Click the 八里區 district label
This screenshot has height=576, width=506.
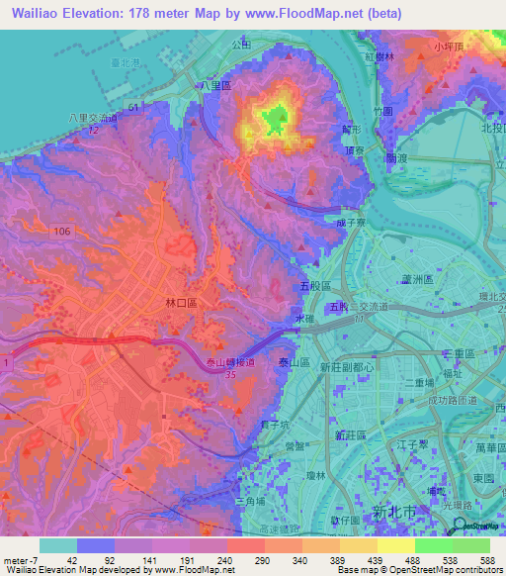click(x=214, y=86)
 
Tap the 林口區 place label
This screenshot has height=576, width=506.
click(x=183, y=301)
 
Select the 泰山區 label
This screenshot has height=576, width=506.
click(x=295, y=363)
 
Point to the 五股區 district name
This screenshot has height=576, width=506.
click(x=313, y=284)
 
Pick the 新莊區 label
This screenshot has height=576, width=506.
click(x=350, y=435)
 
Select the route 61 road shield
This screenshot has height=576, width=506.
click(x=131, y=106)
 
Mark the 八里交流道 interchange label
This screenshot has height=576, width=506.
click(x=93, y=118)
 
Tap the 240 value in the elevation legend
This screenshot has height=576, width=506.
click(x=230, y=559)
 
